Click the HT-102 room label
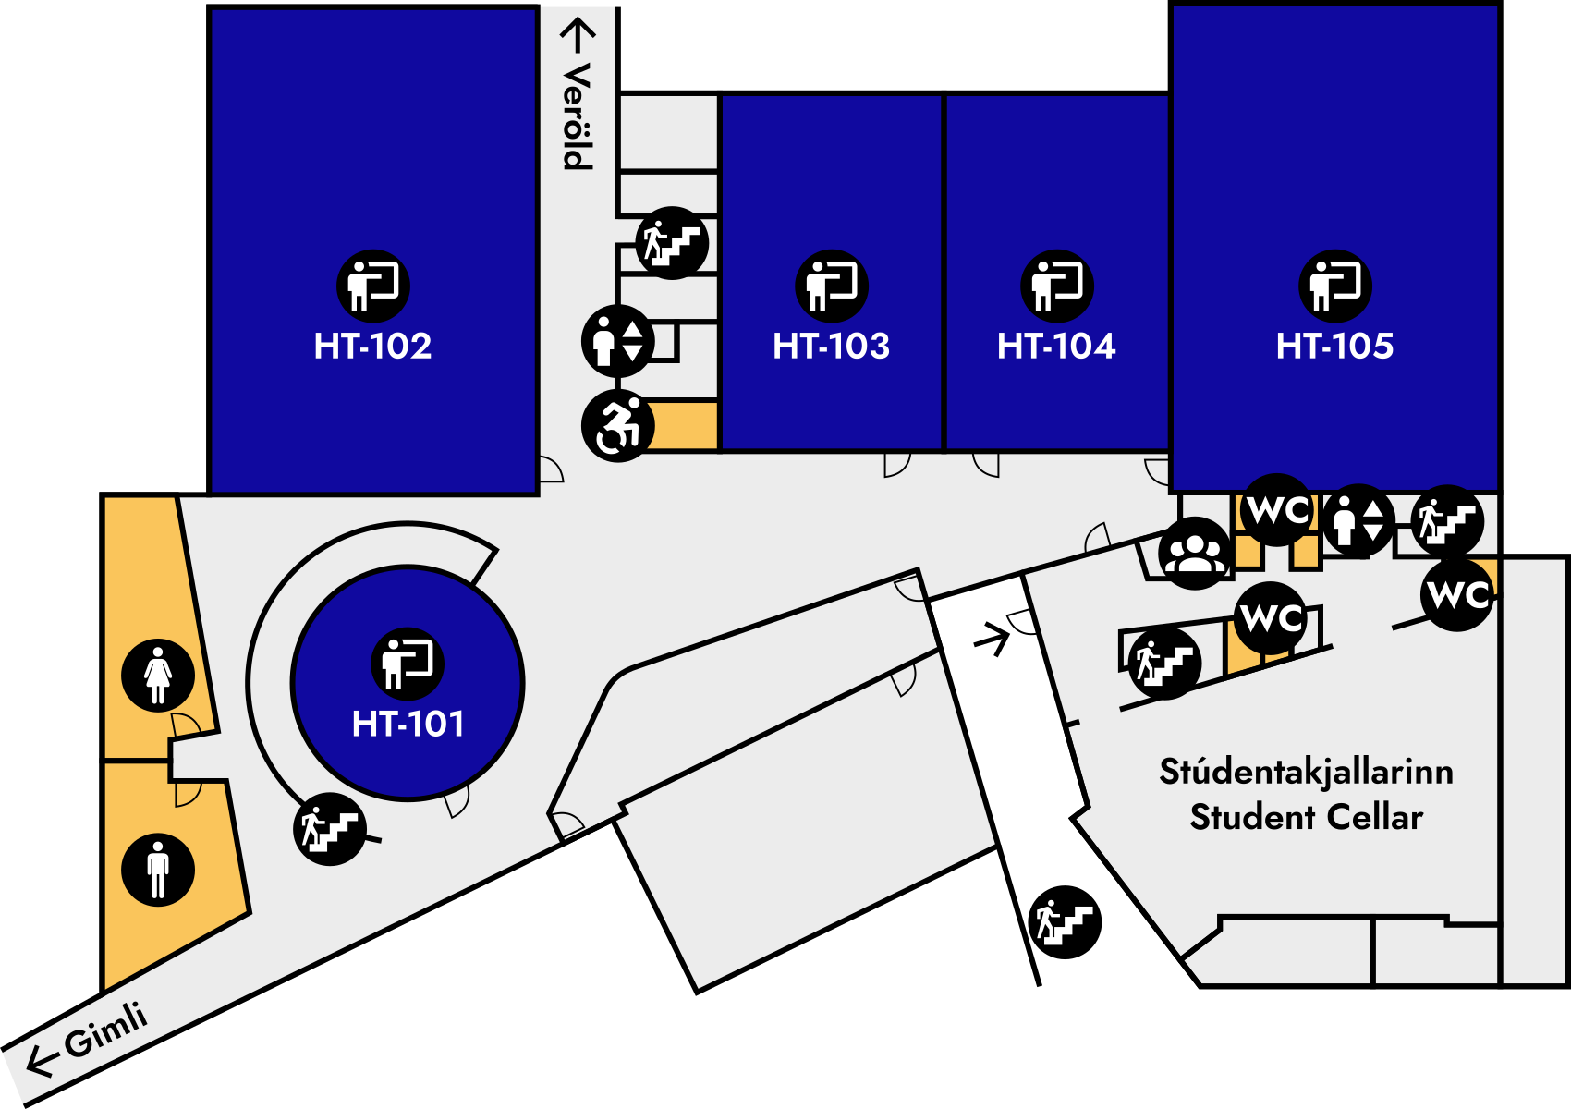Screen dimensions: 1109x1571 point(372,347)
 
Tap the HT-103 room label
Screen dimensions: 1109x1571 point(831,347)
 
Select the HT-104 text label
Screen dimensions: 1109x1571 point(1056,347)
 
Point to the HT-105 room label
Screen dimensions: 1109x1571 point(1334,347)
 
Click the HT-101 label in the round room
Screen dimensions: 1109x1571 point(408,724)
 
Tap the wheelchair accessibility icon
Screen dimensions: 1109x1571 point(617,426)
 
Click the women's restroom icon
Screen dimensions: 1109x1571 point(158,675)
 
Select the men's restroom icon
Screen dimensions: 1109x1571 point(158,870)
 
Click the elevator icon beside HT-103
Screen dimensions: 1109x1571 point(617,341)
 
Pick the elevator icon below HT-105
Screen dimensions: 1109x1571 point(1358,521)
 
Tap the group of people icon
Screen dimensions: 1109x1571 point(1195,553)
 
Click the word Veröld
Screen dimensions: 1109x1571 point(577,116)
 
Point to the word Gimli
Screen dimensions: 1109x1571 point(105,1029)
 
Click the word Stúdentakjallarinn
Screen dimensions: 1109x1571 point(1306,772)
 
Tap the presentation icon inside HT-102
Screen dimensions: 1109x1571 point(372,286)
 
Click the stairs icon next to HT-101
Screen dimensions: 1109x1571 point(330,829)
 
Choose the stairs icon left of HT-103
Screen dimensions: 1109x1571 point(672,243)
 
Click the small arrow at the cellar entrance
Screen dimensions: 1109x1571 point(992,639)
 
